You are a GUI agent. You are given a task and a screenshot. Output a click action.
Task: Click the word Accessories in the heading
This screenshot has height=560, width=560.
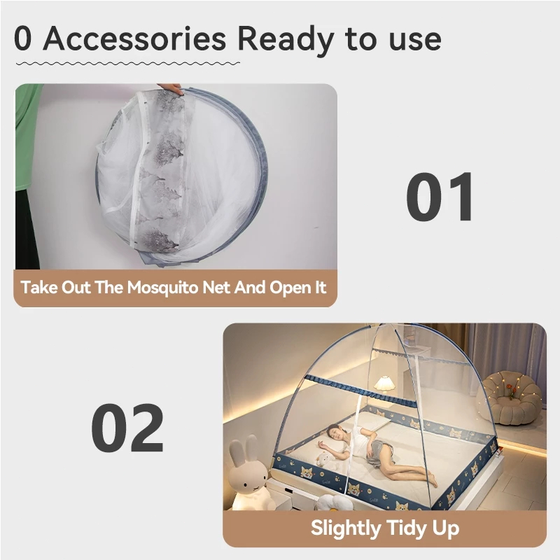coord(134,38)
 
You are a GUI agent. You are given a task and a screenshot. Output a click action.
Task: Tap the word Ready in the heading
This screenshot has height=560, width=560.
coord(286,41)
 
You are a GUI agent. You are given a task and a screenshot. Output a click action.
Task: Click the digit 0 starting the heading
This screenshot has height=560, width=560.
coord(23,38)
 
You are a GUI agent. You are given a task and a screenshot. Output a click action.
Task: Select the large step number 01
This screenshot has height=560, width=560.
coord(440,197)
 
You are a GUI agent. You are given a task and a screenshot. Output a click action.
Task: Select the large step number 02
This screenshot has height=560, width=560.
coord(127,428)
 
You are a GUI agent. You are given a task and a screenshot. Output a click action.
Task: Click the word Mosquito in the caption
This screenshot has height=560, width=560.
coord(162,288)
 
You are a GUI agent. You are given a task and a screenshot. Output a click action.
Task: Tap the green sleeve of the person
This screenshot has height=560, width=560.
coord(26,136)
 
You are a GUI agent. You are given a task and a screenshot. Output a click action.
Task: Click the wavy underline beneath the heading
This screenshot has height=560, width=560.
coord(128,64)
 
